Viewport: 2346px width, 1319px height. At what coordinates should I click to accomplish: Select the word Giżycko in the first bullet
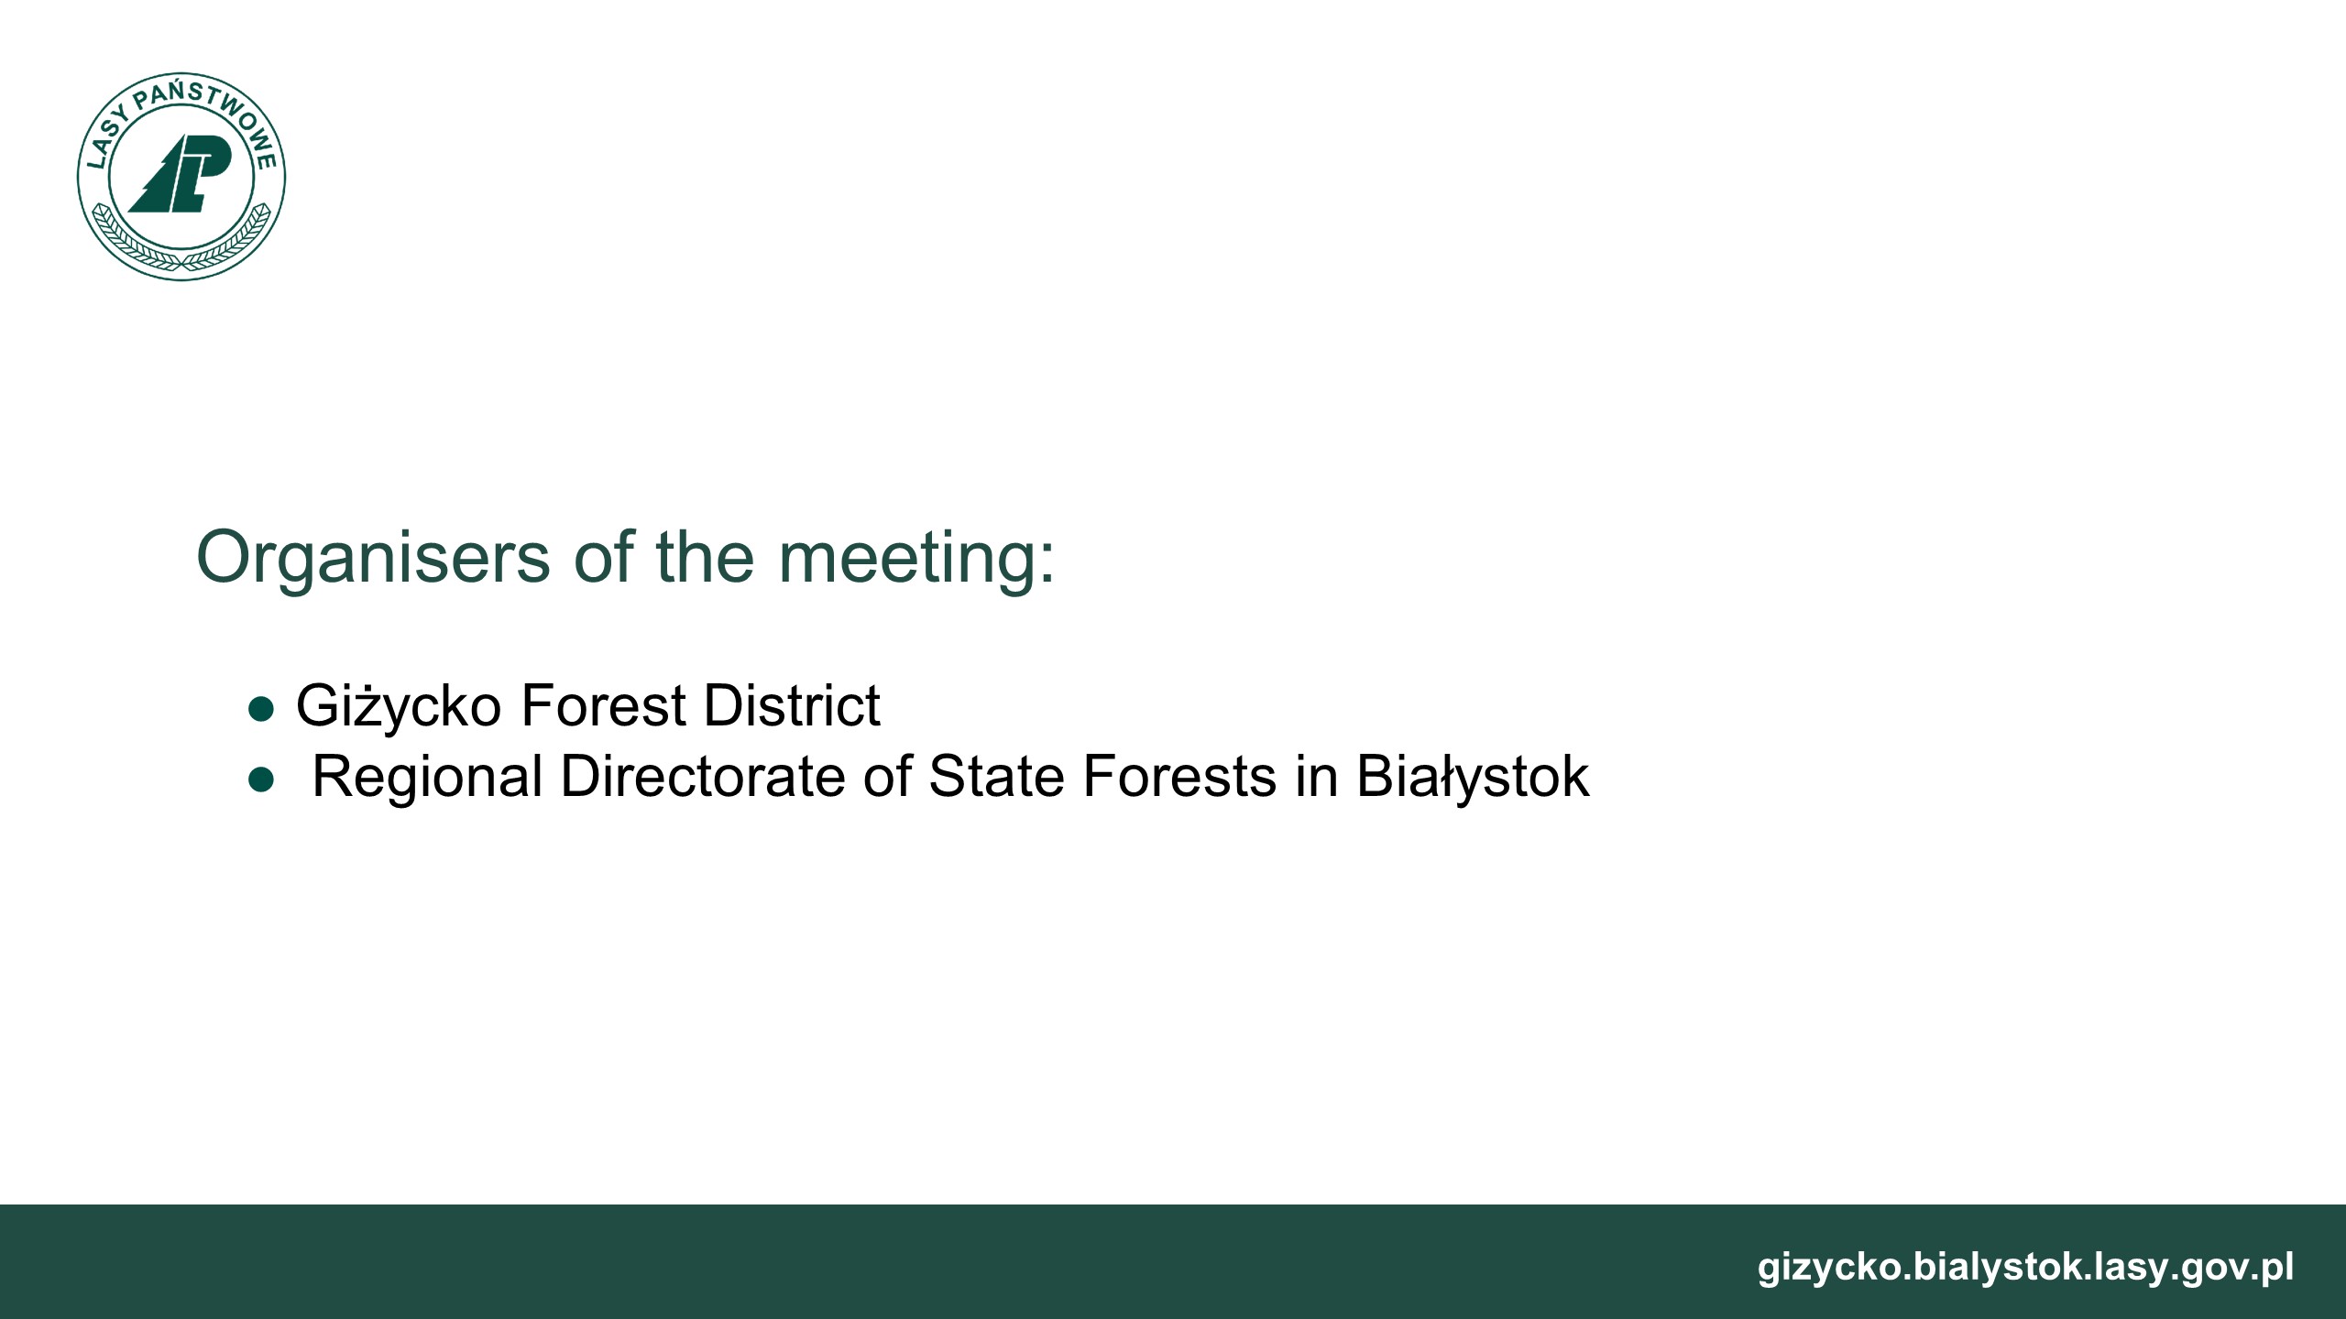pos(399,706)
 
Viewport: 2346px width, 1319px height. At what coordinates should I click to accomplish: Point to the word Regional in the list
pos(427,778)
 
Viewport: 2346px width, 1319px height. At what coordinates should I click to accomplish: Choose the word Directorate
pos(703,777)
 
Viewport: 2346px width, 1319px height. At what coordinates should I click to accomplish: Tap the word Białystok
pos(1473,778)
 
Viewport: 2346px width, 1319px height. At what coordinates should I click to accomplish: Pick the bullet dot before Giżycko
pos(262,709)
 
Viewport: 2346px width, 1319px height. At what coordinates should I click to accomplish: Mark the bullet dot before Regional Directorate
pos(262,780)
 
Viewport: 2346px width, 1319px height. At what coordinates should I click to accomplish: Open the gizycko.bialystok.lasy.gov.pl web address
pos(2025,1267)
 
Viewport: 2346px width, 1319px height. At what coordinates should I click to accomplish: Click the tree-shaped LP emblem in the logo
pos(181,174)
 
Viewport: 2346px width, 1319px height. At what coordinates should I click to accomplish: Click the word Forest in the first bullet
pos(603,705)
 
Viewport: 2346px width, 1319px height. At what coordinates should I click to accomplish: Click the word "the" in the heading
pos(706,556)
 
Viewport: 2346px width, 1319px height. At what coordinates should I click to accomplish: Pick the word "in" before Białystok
pos(1317,777)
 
